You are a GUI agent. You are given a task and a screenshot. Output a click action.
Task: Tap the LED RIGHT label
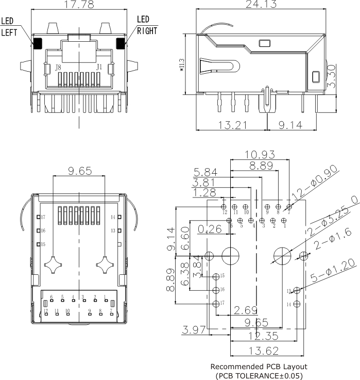(x=147, y=25)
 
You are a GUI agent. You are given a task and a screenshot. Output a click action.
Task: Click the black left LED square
(x=38, y=43)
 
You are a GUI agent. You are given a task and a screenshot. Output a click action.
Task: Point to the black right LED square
(x=121, y=43)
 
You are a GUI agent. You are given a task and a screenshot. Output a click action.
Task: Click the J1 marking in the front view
(x=99, y=67)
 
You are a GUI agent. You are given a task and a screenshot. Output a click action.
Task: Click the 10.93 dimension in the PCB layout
(x=260, y=155)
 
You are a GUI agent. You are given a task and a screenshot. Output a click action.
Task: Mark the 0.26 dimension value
(x=209, y=228)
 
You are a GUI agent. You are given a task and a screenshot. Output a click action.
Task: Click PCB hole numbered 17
(x=216, y=303)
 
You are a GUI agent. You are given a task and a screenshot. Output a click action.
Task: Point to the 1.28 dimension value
(x=203, y=193)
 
